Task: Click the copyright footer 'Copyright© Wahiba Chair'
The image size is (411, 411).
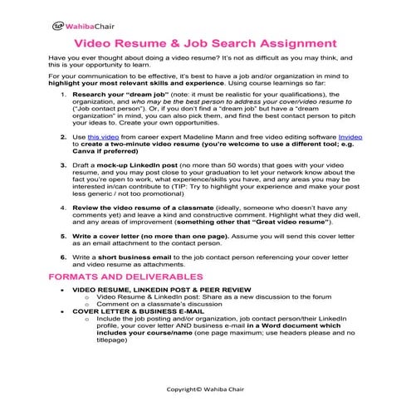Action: pos(204,388)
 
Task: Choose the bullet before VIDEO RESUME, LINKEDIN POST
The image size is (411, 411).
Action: pos(65,289)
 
